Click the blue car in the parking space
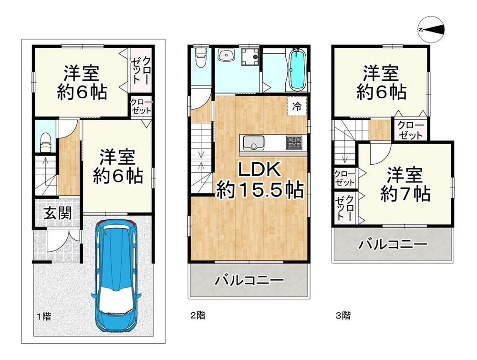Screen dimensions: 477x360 116,275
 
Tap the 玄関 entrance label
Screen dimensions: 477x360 57,213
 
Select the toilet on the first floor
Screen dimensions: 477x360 46,142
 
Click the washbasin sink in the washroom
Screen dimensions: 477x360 226,56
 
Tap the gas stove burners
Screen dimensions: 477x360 294,143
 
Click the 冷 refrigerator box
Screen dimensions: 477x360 297,106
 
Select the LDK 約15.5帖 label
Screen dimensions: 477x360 259,180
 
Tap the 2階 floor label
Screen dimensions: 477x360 198,315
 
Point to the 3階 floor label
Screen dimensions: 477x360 343,315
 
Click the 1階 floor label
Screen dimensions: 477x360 44,317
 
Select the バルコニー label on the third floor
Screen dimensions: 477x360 393,244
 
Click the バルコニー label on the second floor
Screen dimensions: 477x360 249,280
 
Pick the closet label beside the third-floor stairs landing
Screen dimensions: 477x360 410,130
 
